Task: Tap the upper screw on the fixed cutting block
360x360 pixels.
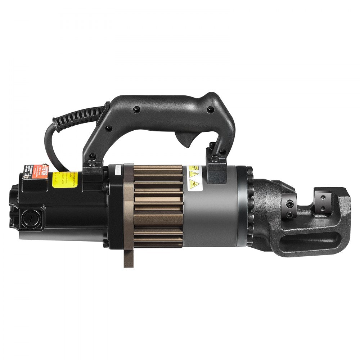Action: [323, 198]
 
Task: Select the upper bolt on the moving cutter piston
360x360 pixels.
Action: [290, 203]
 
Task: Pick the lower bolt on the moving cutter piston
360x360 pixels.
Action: [290, 216]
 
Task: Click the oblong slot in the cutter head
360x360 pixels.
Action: [306, 239]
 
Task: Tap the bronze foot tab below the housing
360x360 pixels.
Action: [129, 257]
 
